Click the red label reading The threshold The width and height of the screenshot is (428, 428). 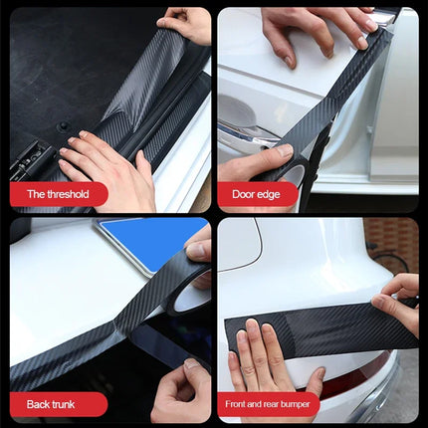point(57,194)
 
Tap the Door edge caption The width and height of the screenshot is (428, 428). point(256,194)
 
